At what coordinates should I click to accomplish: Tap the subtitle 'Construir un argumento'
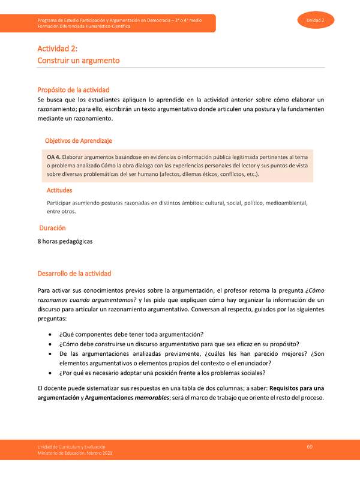(79, 61)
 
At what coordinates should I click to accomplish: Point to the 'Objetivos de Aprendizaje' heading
(78, 140)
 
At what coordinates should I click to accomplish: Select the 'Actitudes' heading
(59, 190)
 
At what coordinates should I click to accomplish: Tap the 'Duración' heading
(53, 228)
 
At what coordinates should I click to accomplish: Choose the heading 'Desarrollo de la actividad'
(74, 274)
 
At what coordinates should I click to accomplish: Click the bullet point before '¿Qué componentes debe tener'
(49, 334)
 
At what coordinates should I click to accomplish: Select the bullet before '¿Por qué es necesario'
(49, 373)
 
